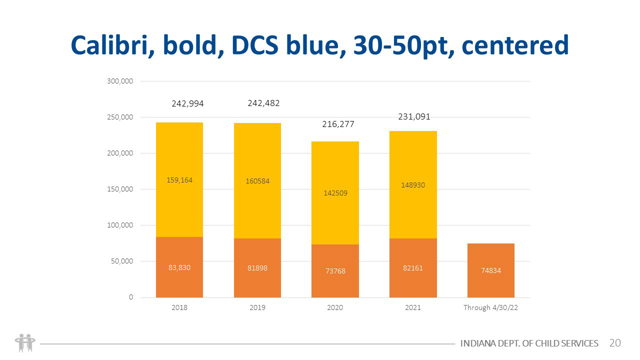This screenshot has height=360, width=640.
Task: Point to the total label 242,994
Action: click(x=188, y=104)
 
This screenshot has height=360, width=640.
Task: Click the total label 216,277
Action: click(x=338, y=124)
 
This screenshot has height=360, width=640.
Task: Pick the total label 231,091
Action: click(x=414, y=116)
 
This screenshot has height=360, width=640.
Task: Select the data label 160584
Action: click(x=257, y=181)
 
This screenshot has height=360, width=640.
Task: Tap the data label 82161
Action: click(x=413, y=268)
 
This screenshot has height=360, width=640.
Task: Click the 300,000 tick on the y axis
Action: click(x=120, y=81)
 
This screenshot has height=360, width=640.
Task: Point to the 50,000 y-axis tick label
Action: click(x=121, y=261)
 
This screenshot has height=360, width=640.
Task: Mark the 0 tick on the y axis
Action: click(x=131, y=297)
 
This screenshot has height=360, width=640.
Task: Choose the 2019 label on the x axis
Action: click(x=257, y=307)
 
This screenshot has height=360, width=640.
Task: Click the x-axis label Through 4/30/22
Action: click(x=490, y=307)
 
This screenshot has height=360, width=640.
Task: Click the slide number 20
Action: click(x=615, y=343)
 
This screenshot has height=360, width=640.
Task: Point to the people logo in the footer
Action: click(x=24, y=343)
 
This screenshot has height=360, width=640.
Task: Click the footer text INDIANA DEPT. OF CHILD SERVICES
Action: click(x=529, y=343)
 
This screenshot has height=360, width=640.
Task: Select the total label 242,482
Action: click(x=263, y=103)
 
